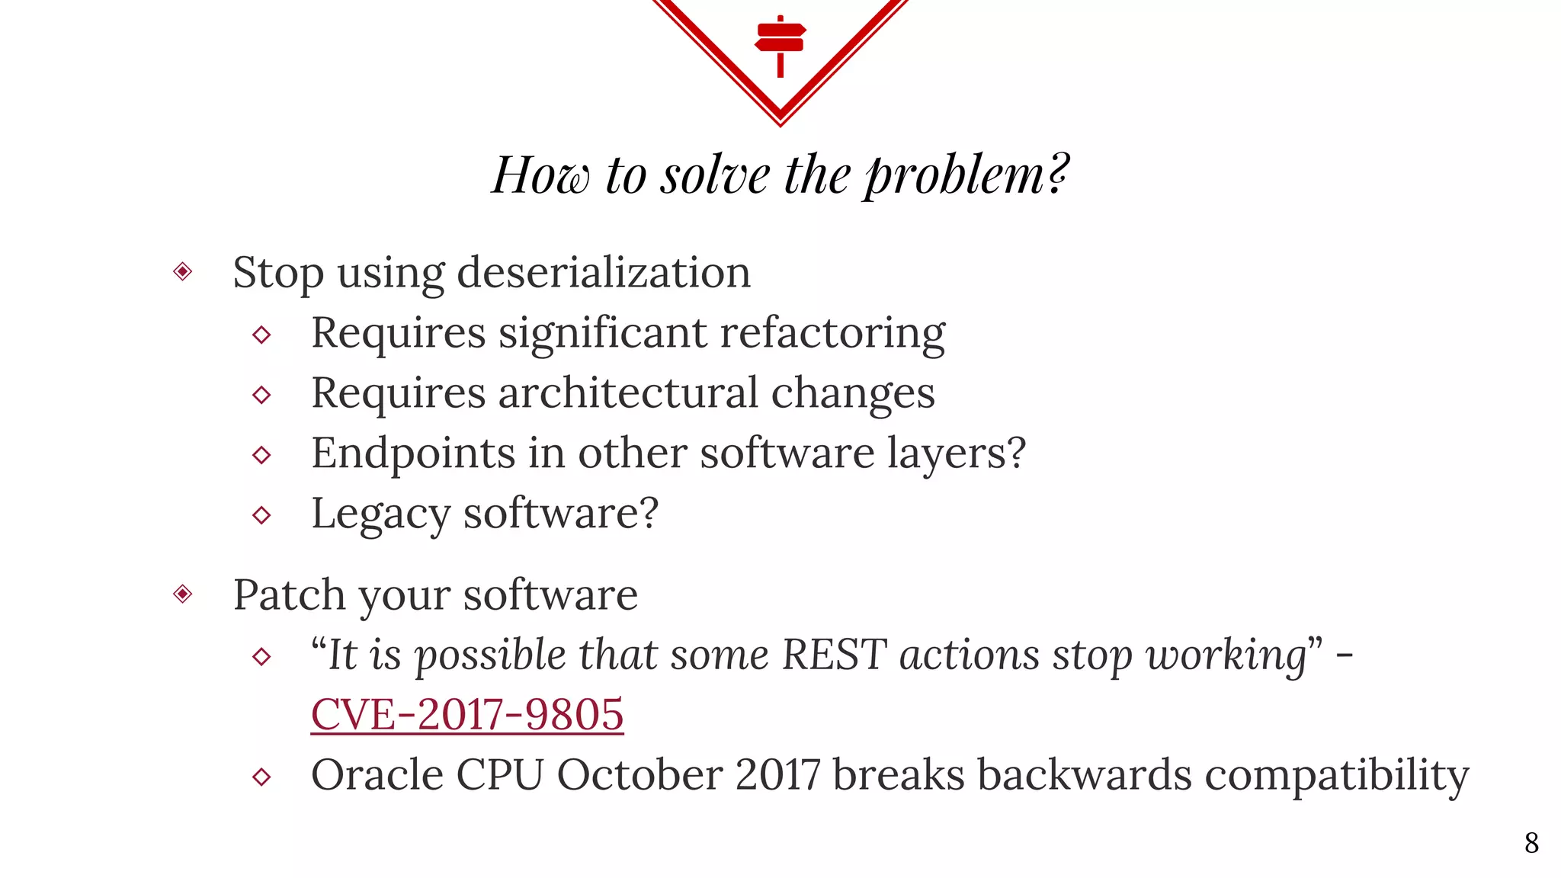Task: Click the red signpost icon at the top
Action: coord(780,44)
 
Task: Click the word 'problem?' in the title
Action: coord(966,175)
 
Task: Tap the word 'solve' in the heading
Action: coord(714,175)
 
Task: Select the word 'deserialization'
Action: coord(604,273)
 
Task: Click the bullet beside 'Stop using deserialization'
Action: coord(183,271)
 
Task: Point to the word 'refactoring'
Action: coord(832,333)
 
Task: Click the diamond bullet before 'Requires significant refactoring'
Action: coord(261,335)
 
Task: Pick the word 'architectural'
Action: coord(628,393)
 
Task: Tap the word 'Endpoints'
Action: coord(412,453)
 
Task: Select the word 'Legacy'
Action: coord(380,514)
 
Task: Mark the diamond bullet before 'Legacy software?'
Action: coord(261,515)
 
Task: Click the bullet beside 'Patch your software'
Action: coord(183,594)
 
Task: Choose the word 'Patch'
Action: coord(289,594)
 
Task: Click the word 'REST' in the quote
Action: coord(834,655)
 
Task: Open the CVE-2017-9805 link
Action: coord(467,715)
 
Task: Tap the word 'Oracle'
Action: coord(377,775)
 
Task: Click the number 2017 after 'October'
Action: coord(777,775)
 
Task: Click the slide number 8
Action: coord(1531,843)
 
